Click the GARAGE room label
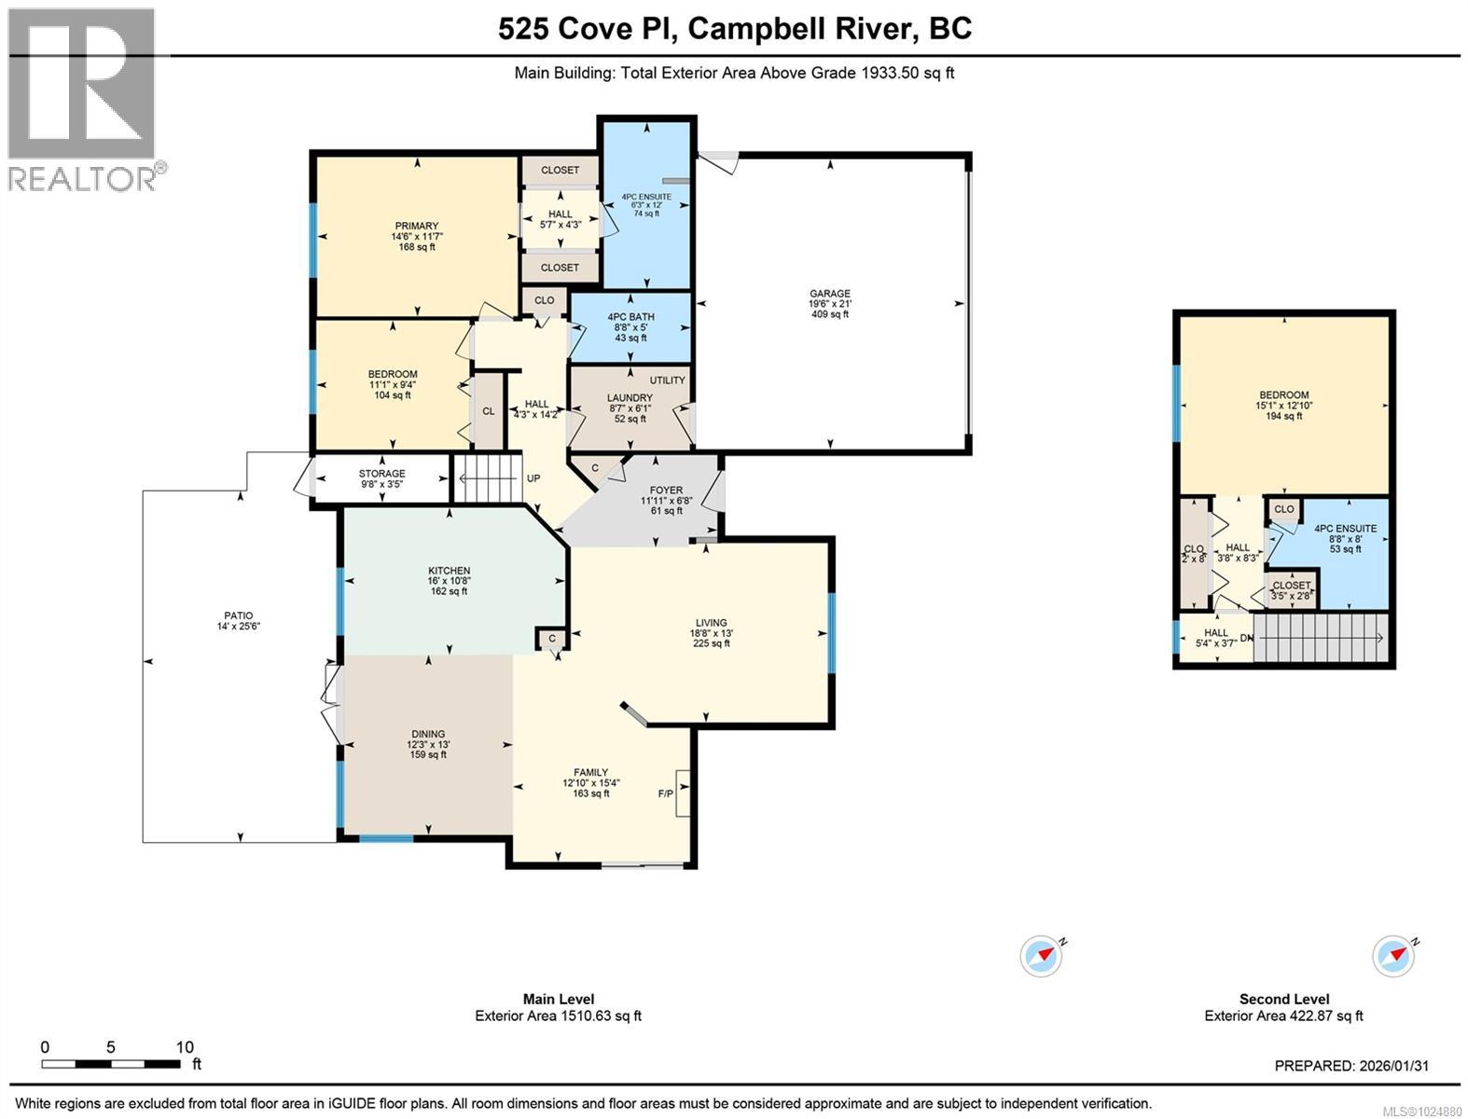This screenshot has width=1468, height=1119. (829, 294)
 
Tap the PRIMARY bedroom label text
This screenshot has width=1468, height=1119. (416, 227)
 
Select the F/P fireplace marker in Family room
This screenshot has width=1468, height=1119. (666, 794)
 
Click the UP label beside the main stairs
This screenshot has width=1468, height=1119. (533, 478)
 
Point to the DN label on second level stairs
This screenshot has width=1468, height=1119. (1246, 638)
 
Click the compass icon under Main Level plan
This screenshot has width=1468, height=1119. (1042, 956)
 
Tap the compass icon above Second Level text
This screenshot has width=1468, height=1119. (1393, 956)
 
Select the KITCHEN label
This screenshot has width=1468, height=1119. (449, 571)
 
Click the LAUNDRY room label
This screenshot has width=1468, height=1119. (630, 398)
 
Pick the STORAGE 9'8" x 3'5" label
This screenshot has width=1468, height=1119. (382, 474)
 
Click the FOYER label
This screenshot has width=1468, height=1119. (666, 490)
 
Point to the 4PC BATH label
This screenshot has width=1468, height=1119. (630, 317)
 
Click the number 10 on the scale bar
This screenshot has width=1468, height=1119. (185, 1047)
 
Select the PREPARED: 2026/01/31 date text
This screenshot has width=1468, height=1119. (1350, 1066)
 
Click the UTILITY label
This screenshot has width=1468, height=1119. (667, 380)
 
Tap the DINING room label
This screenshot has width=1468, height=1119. (428, 734)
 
